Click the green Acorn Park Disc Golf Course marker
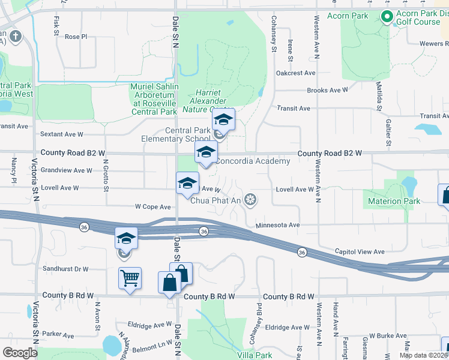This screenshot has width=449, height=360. coord(387,16)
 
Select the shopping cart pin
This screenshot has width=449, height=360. coord(130,278)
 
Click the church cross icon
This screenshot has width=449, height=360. coord(16,37)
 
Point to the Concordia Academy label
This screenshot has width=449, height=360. coord(252,161)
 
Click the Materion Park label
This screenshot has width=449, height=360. coord(394,201)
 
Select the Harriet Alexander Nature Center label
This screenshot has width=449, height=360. coord(208,101)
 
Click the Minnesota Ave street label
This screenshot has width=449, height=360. coord(277,226)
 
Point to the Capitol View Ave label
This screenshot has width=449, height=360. coord(359,251)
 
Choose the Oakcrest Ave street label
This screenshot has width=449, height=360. coord(295,73)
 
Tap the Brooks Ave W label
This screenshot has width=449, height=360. coord(327,91)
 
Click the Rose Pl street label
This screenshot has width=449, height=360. coord(76,37)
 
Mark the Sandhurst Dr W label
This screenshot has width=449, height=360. coord(66,269)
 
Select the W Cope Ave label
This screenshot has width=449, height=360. coord(153,206)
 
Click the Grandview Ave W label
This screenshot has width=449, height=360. coord(67,170)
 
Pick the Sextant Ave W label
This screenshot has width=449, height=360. coord(63,134)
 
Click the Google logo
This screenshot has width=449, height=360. coord(20,353)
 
